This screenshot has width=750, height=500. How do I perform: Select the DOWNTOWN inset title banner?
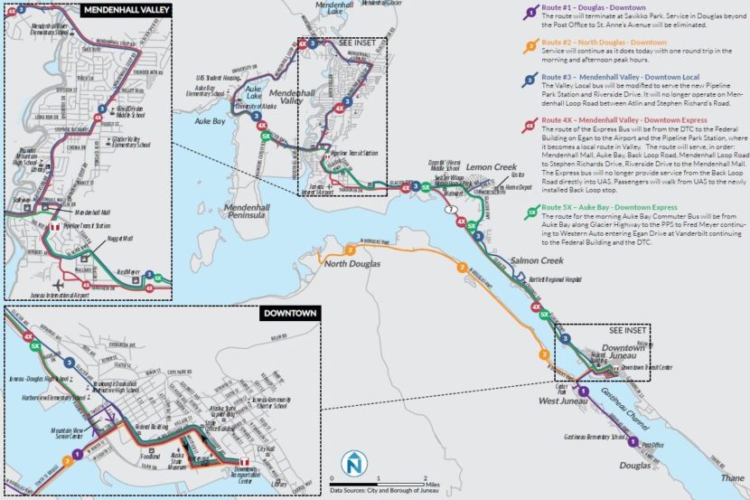288,314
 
